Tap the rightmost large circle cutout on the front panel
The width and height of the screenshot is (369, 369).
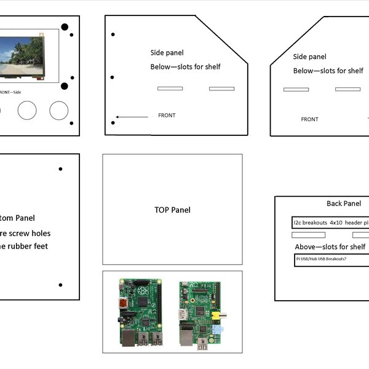tap(59, 110)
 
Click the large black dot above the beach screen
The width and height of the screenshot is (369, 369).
tap(64, 28)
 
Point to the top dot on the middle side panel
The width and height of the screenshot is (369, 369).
tap(113, 34)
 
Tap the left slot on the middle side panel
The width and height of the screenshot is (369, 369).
tap(170, 89)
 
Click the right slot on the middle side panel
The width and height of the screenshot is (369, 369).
tap(221, 89)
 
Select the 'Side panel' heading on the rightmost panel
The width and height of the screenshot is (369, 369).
tap(310, 57)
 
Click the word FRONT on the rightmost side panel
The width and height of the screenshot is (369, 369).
tap(309, 119)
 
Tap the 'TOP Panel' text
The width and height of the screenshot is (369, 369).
tap(172, 210)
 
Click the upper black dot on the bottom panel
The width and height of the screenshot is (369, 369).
tap(60, 169)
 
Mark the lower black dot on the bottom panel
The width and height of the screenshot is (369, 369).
tap(60, 285)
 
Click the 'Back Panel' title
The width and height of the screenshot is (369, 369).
tap(344, 204)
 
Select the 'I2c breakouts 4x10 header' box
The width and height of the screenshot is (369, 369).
tap(330, 223)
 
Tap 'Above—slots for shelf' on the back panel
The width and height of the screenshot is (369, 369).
tap(330, 247)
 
